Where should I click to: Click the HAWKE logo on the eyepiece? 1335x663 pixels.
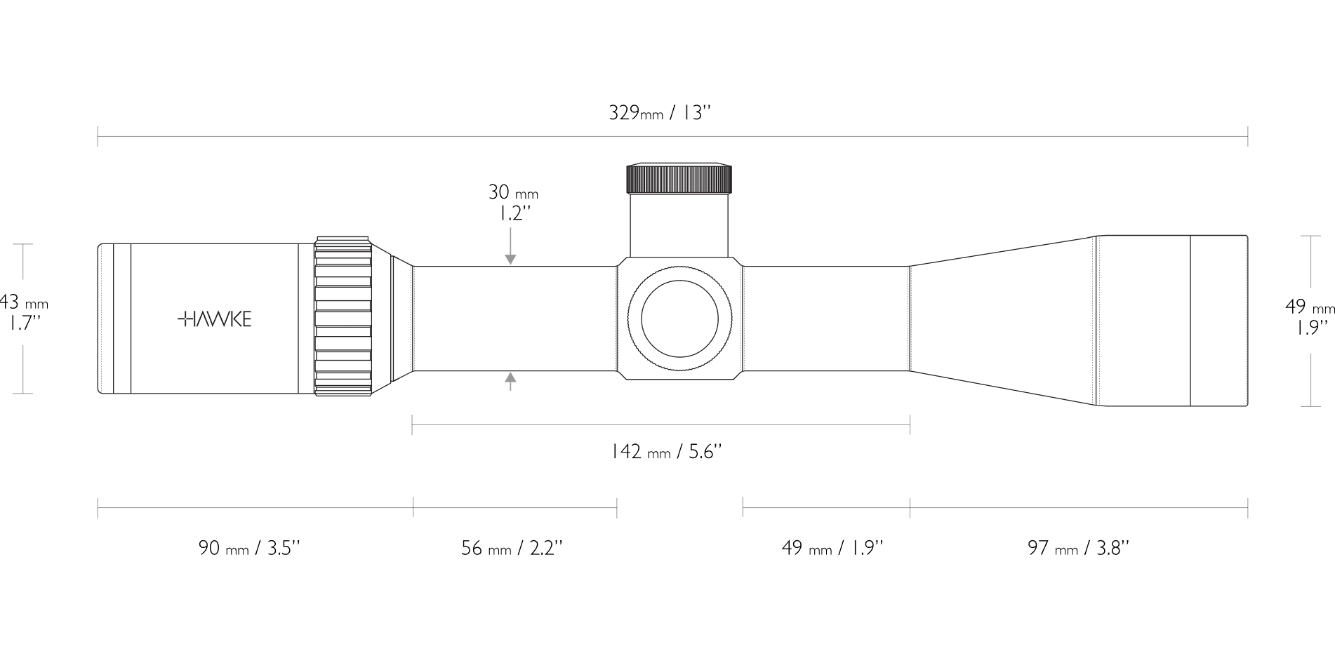pos(214,320)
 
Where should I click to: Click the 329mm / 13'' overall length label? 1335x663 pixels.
pos(660,113)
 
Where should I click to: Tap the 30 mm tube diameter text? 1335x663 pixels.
pos(513,192)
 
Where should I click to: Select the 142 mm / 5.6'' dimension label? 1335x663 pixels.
pos(666,452)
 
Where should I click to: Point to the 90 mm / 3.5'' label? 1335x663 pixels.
pos(249,548)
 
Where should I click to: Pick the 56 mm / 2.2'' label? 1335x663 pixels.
pos(512,548)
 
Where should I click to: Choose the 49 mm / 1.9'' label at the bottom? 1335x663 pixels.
pos(832,548)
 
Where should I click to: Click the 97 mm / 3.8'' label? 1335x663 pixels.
pos(1078,548)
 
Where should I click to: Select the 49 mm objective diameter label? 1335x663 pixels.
pos(1309,307)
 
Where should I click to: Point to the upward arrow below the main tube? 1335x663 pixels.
pos(510,380)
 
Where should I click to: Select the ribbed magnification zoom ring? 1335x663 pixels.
pos(343,316)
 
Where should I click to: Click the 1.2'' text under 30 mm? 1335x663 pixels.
pos(510,214)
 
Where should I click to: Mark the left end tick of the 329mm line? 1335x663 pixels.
pos(98,136)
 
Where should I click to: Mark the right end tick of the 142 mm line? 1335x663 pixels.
pos(910,424)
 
